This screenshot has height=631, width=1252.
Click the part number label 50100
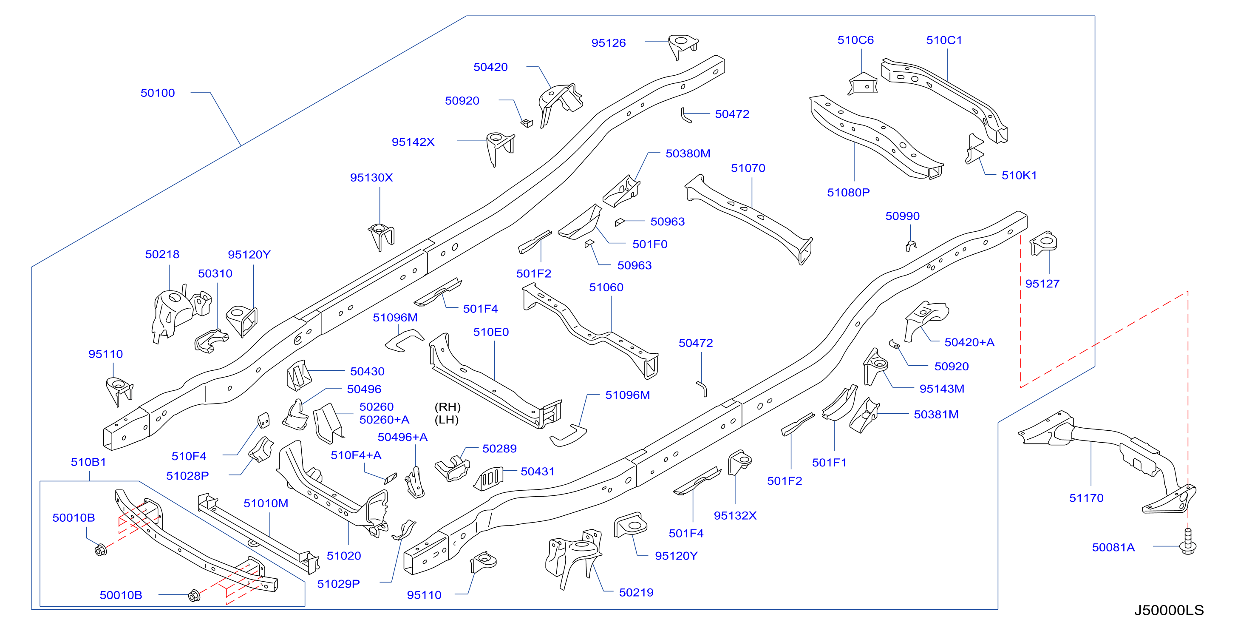tap(158, 93)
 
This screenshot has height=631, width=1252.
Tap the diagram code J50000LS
tap(1169, 611)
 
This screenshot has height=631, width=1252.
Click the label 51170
tap(1086, 498)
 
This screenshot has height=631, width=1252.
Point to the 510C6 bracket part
tap(863, 84)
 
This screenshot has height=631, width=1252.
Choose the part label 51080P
tap(849, 193)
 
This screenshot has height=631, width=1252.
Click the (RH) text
tap(447, 407)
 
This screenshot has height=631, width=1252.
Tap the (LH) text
tap(446, 420)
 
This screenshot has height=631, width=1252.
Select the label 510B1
tap(88, 462)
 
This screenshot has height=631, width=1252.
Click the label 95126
tap(609, 43)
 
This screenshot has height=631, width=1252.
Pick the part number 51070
tap(748, 168)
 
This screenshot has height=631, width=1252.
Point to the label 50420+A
tap(969, 342)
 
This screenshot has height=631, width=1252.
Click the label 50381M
tap(936, 415)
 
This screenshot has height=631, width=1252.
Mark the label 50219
tap(636, 593)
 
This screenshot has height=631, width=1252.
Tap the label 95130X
tap(371, 177)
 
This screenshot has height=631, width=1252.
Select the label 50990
tap(903, 216)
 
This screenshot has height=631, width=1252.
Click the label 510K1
tap(1019, 176)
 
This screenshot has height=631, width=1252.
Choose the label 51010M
tap(266, 503)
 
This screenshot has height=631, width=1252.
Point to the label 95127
tap(1042, 284)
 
